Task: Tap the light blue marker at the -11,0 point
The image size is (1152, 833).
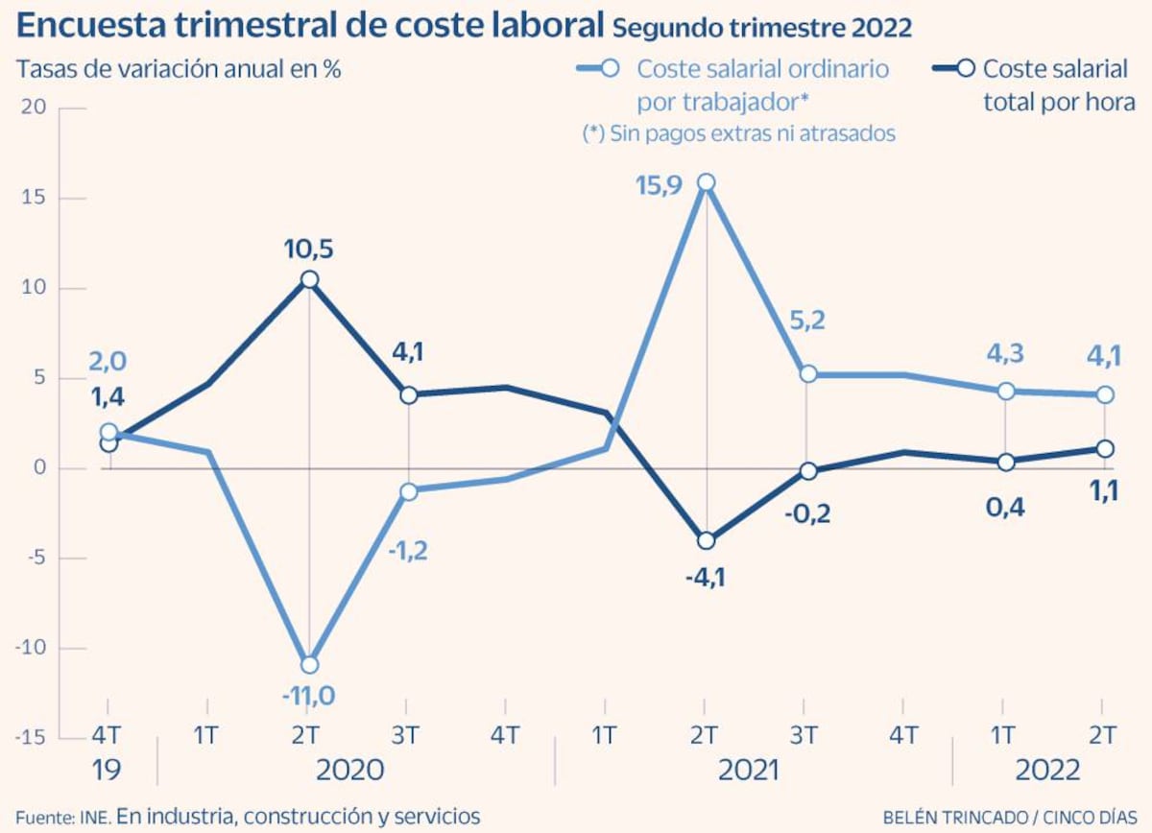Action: (x=309, y=664)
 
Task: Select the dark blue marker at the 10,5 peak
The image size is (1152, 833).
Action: (x=309, y=279)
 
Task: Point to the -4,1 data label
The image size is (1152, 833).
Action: (x=705, y=580)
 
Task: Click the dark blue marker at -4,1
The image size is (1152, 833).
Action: (x=707, y=541)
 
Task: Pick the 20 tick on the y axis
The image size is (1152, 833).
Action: (x=35, y=107)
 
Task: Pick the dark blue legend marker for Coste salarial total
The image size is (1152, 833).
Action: (x=966, y=69)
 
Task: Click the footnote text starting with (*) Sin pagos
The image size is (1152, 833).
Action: (x=738, y=133)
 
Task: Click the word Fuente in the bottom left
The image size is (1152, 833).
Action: (x=43, y=817)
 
